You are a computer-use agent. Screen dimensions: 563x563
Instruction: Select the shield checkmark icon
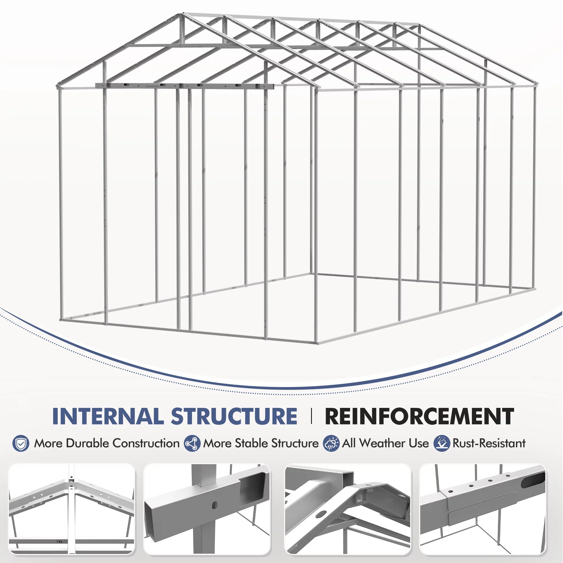tap(21, 444)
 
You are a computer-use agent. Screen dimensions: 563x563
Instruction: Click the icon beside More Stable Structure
tap(192, 444)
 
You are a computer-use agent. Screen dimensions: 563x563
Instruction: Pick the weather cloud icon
tap(331, 444)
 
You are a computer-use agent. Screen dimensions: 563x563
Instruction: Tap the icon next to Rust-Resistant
tap(442, 444)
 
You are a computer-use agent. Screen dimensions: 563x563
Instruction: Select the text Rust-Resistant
tap(489, 443)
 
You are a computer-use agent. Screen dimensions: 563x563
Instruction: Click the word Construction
tap(146, 443)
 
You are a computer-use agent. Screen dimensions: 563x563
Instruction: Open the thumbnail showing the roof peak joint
tap(72, 509)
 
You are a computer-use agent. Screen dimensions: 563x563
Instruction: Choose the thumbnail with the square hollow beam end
tap(207, 509)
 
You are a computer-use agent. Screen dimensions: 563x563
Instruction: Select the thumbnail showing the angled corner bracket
tap(348, 509)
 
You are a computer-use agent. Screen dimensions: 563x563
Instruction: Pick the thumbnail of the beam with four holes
tap(482, 509)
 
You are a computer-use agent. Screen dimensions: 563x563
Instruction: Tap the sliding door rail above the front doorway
tap(185, 86)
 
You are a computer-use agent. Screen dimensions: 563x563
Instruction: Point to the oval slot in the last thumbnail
tap(533, 480)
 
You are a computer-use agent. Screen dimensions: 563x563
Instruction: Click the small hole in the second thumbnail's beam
tap(215, 505)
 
